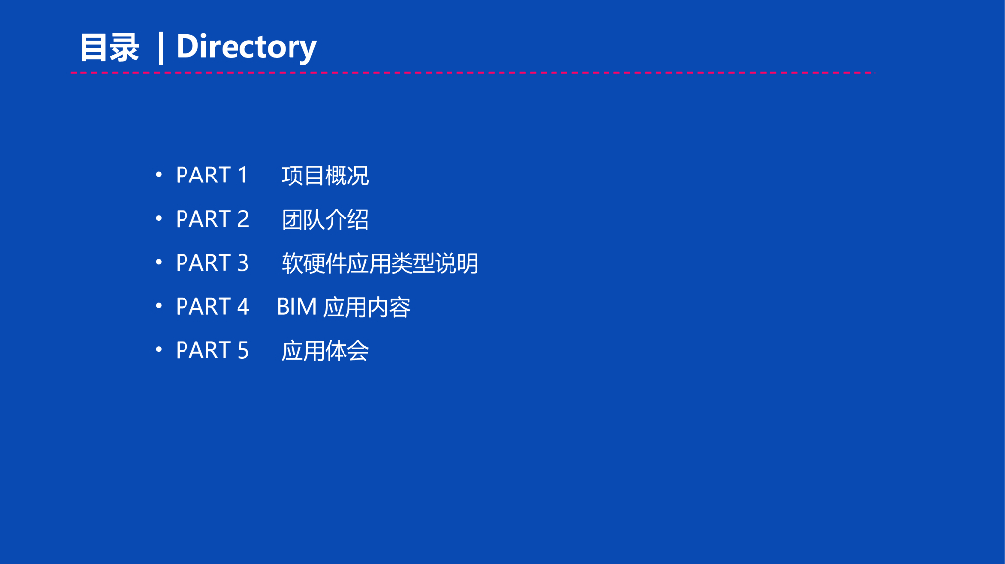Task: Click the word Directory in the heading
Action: tap(246, 47)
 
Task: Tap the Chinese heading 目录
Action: tap(110, 47)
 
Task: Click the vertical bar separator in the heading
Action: tap(160, 48)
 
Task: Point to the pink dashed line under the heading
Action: tap(470, 73)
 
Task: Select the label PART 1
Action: tap(212, 175)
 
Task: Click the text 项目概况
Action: tap(325, 176)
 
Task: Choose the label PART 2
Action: tap(212, 219)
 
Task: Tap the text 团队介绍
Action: tap(325, 219)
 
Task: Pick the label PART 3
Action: tap(212, 263)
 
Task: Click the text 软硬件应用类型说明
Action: tap(380, 263)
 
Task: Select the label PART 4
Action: tap(212, 306)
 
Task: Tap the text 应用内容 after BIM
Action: tap(367, 307)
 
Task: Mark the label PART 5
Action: tap(212, 350)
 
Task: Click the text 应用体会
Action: tap(325, 350)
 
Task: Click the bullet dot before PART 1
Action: tap(158, 175)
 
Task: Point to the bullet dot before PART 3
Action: tap(158, 262)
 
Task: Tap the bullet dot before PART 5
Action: tap(158, 350)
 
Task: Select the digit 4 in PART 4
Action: tap(243, 306)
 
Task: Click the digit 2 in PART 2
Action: tap(243, 219)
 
